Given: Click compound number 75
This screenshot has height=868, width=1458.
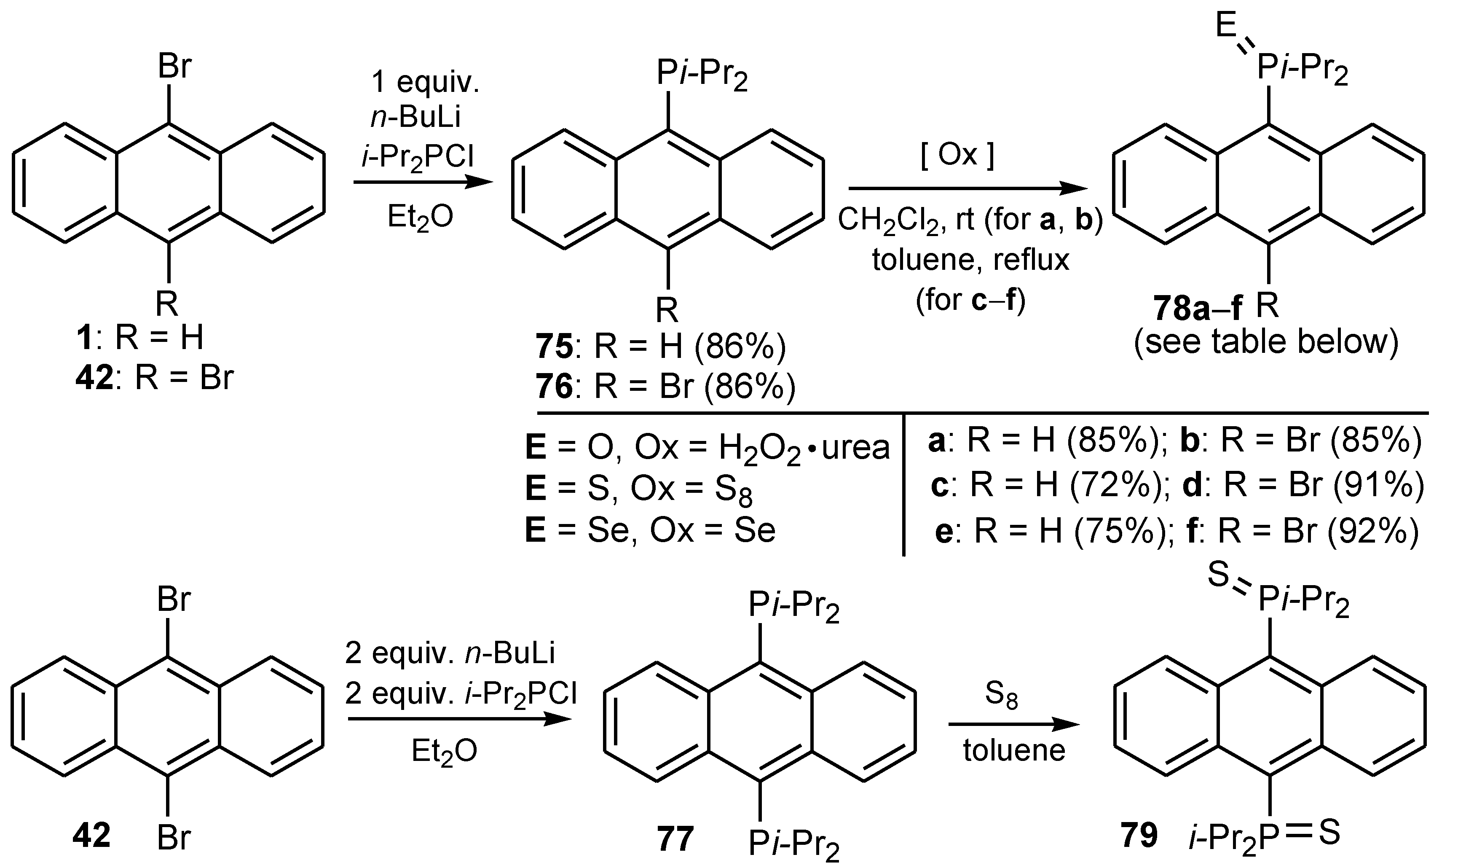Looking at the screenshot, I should coord(554,347).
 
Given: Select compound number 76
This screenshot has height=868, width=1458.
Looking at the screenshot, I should coord(554,387).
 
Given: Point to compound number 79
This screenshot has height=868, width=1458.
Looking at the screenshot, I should coord(1139,835).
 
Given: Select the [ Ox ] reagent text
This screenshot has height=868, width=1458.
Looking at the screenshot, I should coord(957,155).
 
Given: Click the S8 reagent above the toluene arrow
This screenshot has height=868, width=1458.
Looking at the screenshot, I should coord(1001,696).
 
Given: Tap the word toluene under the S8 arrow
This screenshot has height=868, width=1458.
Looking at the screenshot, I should coord(1014,750).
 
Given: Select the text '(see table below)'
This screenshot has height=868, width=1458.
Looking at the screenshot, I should coord(1266,341).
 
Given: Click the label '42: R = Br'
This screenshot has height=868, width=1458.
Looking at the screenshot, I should coord(154,378).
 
